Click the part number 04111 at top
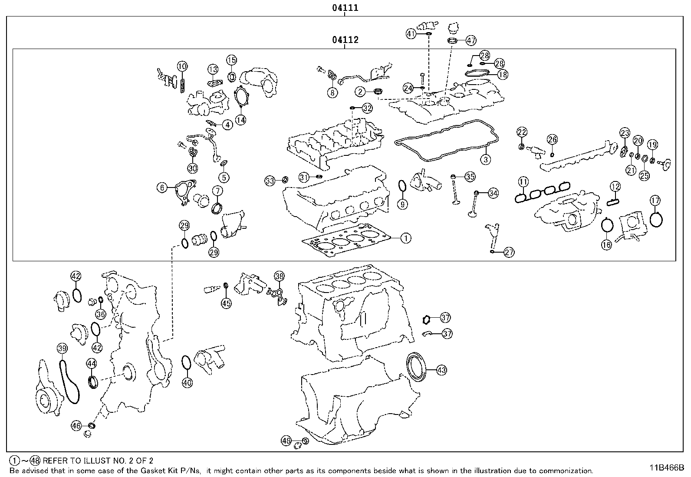pos(345,7)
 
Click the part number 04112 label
pos(345,40)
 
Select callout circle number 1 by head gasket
pos(405,238)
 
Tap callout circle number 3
pos(486,159)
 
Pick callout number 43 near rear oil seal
pos(441,370)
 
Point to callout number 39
pos(62,348)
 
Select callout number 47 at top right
pos(471,40)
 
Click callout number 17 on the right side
pos(655,201)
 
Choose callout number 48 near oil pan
pos(286,441)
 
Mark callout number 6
pos(162,188)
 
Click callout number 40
pos(187,382)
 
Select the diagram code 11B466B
pos(666,467)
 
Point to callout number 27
pos(509,252)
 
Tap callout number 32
pos(367,108)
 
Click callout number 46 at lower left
pos(76,426)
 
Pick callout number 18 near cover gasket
pos(503,75)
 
